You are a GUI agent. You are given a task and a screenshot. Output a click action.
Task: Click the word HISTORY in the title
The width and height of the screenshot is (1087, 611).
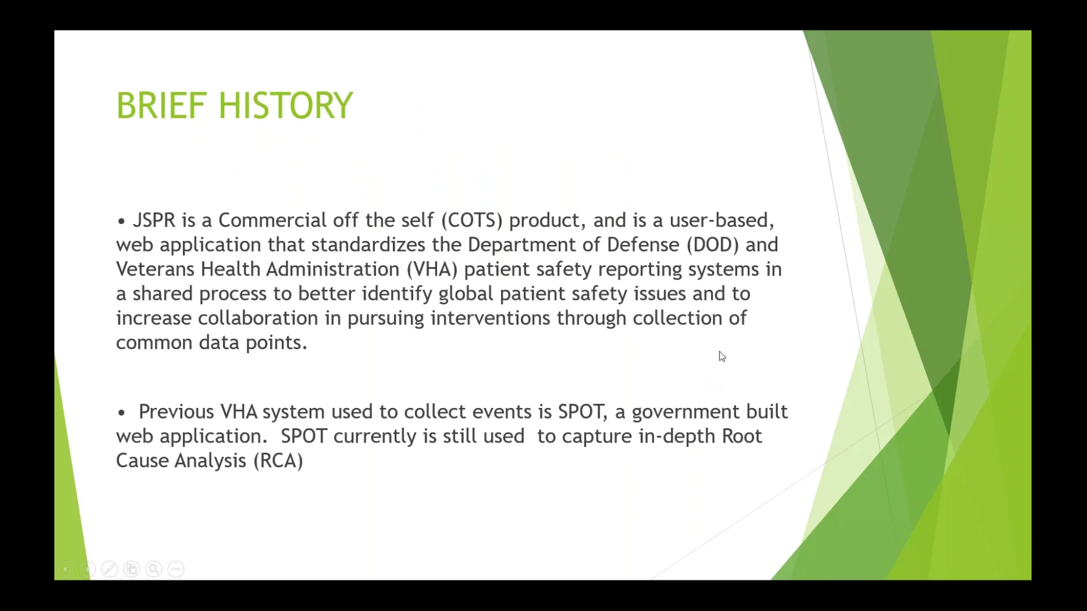pos(285,106)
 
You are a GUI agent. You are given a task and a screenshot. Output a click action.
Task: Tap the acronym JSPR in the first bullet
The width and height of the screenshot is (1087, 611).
pos(154,220)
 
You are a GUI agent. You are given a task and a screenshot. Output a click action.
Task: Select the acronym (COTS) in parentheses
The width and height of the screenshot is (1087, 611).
pos(472,220)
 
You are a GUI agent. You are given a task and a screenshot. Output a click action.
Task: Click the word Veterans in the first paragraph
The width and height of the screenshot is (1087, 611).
pos(155,269)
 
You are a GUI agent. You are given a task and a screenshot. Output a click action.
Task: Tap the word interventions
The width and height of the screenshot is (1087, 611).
pos(490,319)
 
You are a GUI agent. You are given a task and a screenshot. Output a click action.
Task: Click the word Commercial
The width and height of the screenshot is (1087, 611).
pos(272,220)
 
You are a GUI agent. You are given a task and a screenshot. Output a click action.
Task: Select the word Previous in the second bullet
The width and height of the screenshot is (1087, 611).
pos(176,412)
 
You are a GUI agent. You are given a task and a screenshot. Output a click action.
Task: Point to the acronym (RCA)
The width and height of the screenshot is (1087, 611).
pos(278,461)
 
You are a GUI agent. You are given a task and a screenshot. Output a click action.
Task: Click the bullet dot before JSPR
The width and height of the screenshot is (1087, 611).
pos(121,221)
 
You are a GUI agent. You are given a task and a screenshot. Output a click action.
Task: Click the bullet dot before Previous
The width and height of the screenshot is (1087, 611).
pos(121,413)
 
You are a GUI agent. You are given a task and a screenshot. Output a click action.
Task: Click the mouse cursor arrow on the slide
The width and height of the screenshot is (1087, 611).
pos(722,356)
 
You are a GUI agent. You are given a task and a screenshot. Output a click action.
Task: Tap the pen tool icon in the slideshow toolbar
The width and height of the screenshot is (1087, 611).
pos(109,569)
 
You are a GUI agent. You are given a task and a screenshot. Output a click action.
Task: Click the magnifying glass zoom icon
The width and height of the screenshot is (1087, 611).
pos(153,569)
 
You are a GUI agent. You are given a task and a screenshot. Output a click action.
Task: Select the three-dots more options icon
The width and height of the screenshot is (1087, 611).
pos(176,569)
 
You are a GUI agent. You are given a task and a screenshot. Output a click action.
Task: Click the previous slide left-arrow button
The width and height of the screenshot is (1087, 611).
pos(65,569)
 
